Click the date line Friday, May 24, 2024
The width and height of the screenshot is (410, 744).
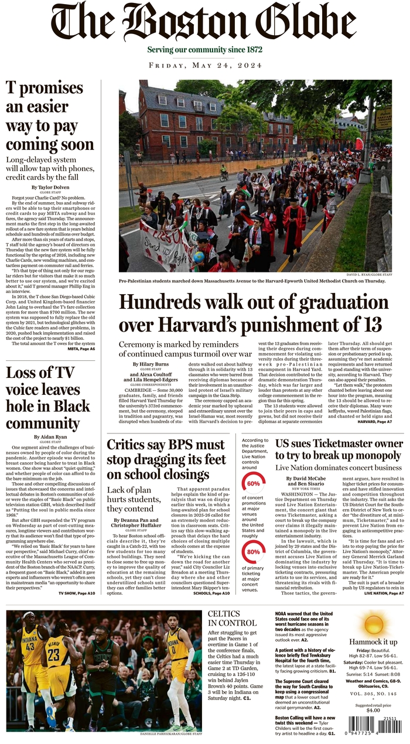coord(205,65)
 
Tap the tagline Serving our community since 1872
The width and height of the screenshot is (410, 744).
coord(204,50)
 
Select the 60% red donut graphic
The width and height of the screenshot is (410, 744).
coord(253,484)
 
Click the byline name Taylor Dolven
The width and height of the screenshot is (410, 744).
coord(53,187)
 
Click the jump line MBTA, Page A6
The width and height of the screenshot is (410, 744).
coord(81,349)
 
